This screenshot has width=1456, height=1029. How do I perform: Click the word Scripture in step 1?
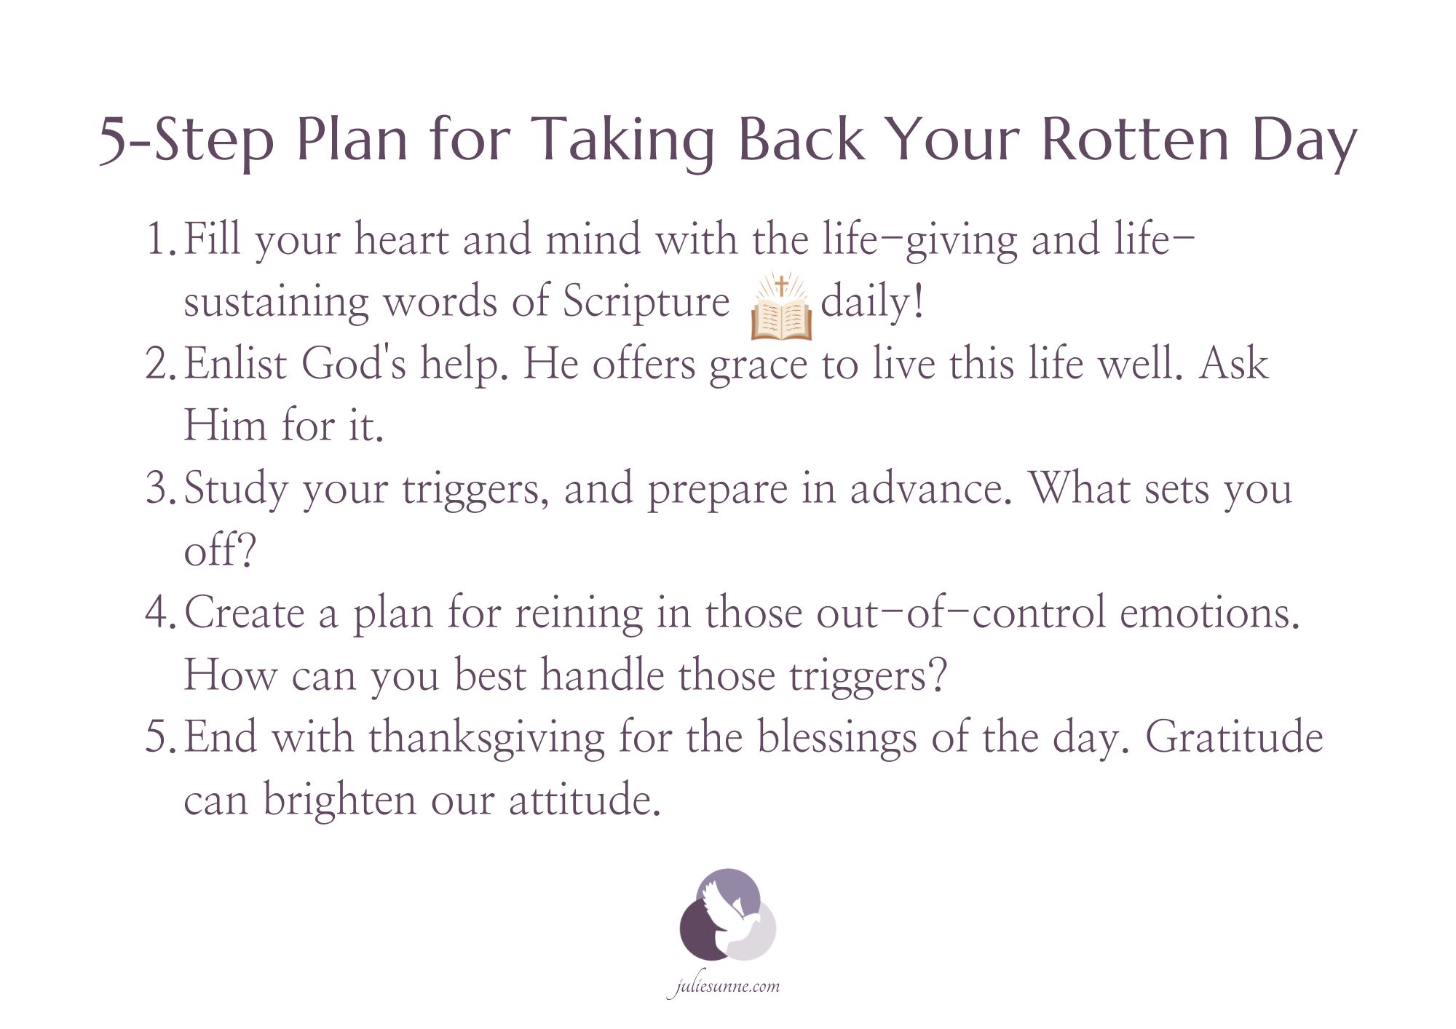[646, 301]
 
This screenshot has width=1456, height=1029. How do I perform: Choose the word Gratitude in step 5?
[1234, 736]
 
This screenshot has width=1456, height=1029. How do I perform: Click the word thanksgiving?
[486, 738]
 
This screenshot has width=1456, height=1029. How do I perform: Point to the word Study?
[236, 489]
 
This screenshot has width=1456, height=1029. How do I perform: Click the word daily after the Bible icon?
[871, 301]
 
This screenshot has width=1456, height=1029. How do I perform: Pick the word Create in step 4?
[244, 612]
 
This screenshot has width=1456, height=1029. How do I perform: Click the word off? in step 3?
[220, 549]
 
